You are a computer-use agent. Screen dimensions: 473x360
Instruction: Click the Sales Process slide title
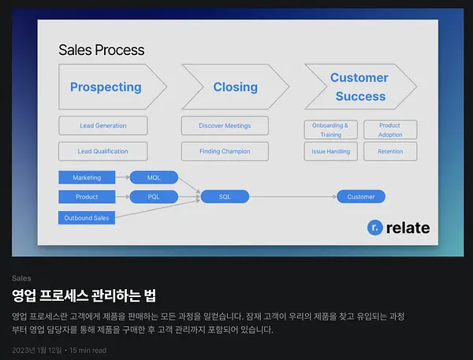[102, 50]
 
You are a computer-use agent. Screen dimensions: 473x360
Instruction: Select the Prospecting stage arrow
[112, 87]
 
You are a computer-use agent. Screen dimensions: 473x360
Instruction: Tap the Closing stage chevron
[235, 87]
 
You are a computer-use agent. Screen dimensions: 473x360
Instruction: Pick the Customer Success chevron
[360, 87]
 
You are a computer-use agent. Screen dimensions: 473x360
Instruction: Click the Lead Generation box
[103, 126]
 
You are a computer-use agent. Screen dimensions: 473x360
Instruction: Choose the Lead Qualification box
[103, 151]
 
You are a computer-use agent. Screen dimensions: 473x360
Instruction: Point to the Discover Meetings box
[225, 126]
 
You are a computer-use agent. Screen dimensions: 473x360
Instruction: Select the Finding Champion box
[225, 151]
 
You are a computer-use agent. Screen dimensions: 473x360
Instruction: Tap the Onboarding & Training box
[331, 130]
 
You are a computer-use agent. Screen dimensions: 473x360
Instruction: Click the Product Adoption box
[390, 130]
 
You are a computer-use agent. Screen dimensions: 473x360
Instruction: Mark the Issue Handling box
[331, 151]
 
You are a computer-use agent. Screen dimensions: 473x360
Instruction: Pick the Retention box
[390, 151]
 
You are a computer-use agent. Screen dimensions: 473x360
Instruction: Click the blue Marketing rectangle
[87, 177]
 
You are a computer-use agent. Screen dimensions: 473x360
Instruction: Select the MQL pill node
[154, 177]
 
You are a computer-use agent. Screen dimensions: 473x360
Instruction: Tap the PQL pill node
[154, 197]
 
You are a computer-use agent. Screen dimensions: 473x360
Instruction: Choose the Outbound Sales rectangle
[87, 217]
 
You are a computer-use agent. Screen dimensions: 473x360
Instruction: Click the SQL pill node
[225, 197]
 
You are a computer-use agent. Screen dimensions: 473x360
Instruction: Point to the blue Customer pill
[361, 197]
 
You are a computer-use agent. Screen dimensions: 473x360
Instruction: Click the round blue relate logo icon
[375, 228]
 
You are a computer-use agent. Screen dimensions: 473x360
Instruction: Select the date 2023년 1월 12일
[37, 351]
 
